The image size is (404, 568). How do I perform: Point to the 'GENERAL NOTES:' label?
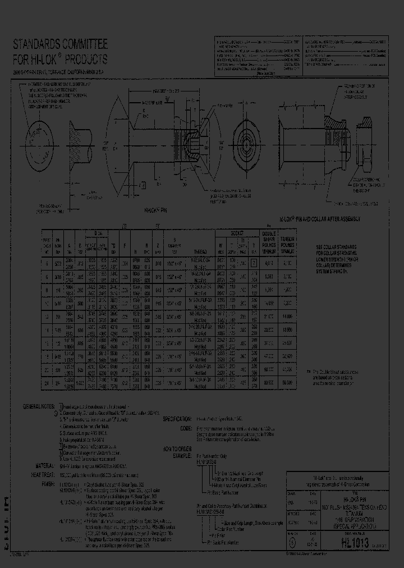(38, 405)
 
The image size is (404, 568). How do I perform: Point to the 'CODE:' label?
(185, 428)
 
